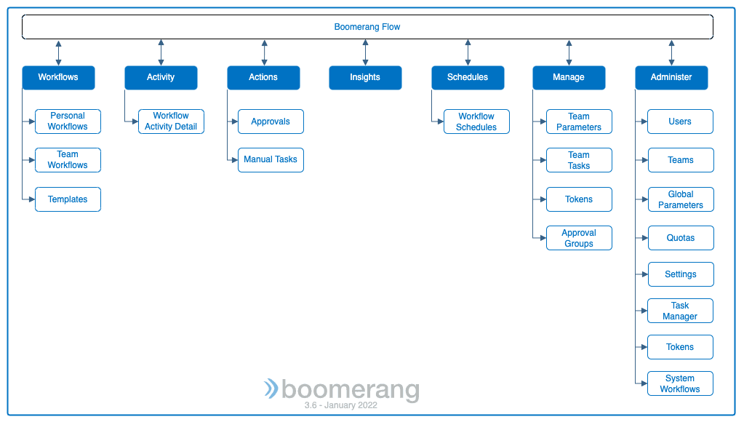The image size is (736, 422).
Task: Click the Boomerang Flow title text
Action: (x=367, y=27)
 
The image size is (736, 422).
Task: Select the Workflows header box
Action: (x=58, y=77)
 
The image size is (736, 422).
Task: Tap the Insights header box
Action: (x=365, y=77)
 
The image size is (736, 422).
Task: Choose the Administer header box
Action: (x=671, y=77)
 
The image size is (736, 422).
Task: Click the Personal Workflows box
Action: (x=68, y=122)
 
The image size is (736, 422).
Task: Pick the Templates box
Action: (x=68, y=199)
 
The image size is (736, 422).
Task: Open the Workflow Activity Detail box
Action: (x=172, y=122)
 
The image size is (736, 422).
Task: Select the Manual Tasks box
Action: (x=271, y=160)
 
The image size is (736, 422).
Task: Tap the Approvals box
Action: (x=271, y=122)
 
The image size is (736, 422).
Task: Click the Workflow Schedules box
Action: (x=476, y=122)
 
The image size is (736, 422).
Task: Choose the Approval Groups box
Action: (x=579, y=238)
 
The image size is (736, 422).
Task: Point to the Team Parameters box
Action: (x=579, y=122)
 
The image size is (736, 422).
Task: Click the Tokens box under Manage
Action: (x=579, y=199)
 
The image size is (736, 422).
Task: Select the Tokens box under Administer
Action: (x=680, y=347)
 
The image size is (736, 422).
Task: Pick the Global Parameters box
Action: (x=681, y=199)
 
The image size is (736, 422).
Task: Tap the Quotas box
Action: (x=681, y=238)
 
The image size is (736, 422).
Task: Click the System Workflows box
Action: (x=680, y=383)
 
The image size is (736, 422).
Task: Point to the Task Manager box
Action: (x=680, y=311)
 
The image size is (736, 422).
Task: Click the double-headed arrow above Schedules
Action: (x=468, y=52)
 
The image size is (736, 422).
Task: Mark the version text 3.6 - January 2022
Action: (x=341, y=405)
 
